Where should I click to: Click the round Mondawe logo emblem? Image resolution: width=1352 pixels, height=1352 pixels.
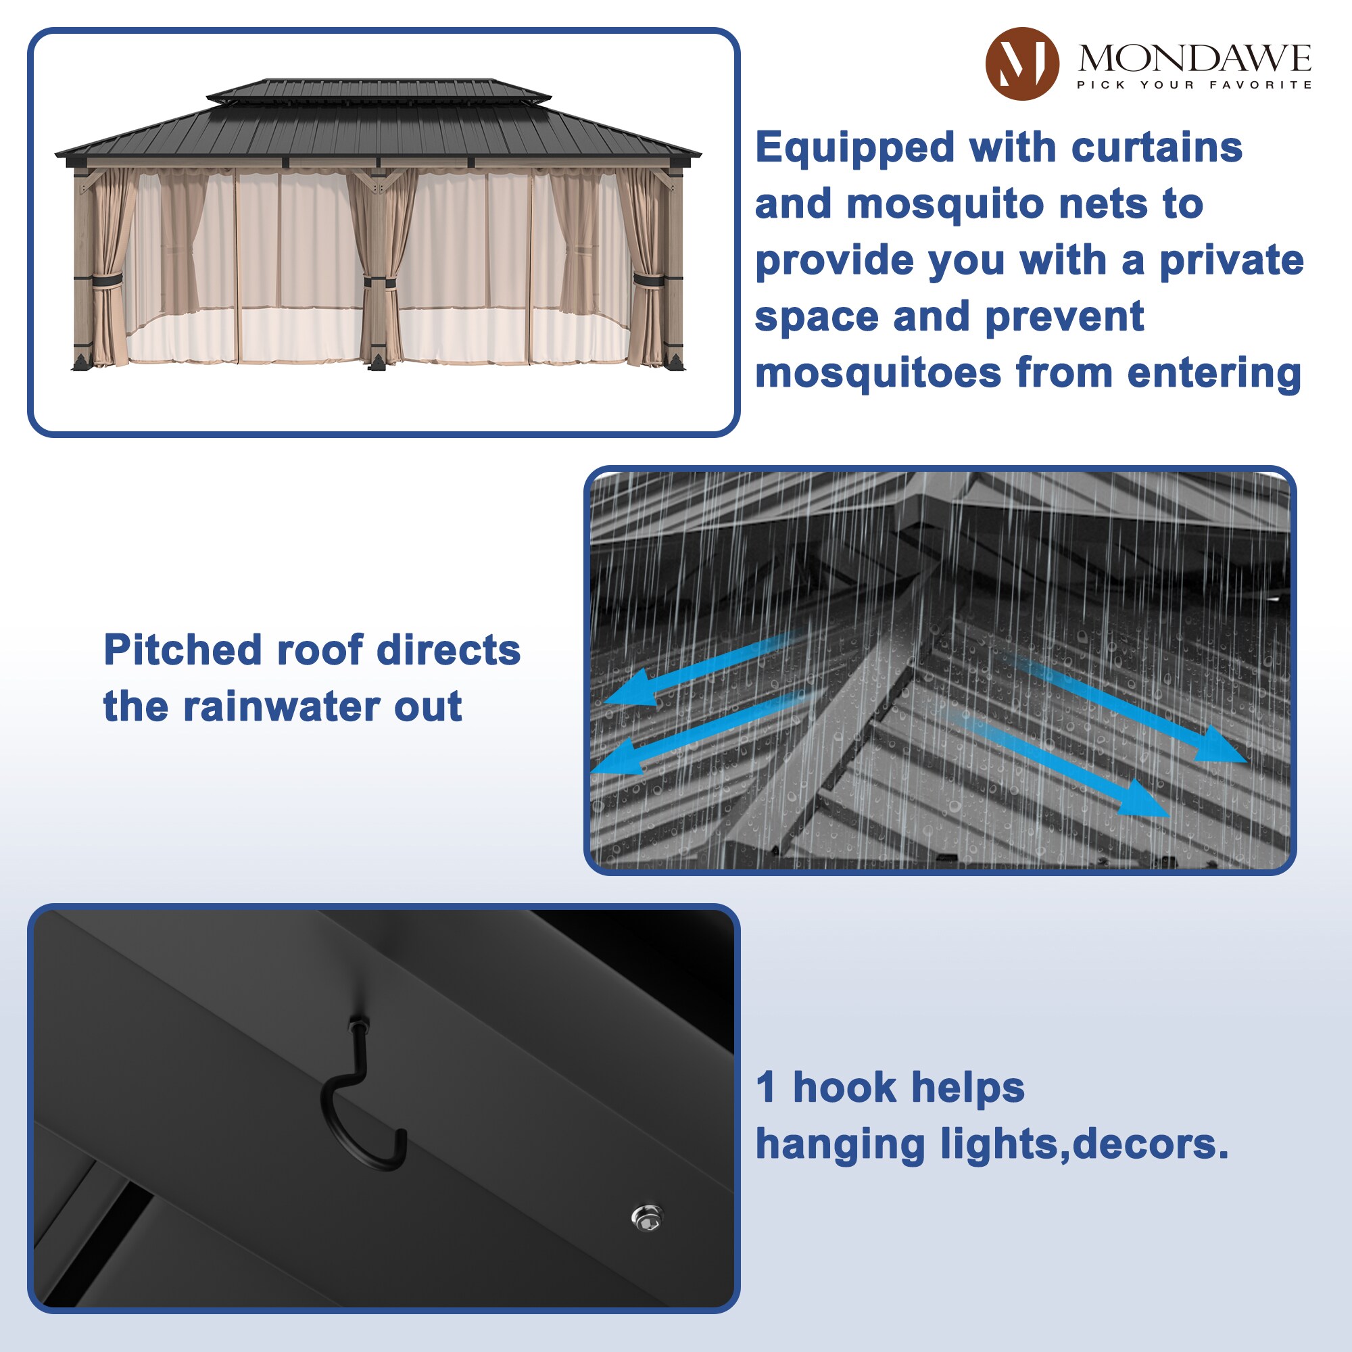coord(1021,64)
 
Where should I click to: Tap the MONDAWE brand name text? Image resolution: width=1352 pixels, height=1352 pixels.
coord(1194,57)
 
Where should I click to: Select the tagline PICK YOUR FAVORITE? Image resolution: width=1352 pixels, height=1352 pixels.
coord(1194,84)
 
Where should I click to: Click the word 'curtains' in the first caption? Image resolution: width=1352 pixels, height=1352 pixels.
coord(1157,147)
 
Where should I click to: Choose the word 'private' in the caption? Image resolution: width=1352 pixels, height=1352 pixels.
coord(1232,260)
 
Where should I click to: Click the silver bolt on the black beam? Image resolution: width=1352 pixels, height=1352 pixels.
coord(647,1218)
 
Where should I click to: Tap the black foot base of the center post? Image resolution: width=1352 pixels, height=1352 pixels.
coord(377,361)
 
